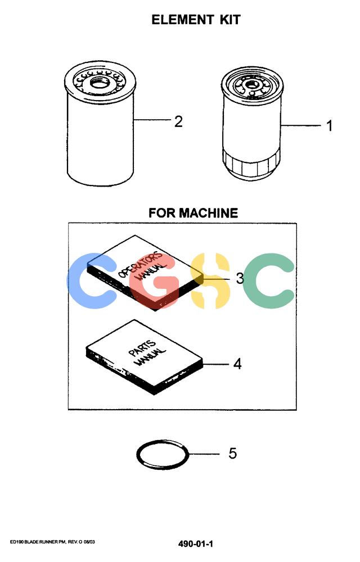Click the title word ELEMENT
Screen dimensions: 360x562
coord(182,19)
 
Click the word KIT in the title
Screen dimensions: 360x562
coord(230,19)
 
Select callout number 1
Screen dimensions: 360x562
coord(329,126)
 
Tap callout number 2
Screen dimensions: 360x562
coord(178,121)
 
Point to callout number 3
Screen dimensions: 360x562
coord(240,278)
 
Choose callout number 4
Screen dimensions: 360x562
coord(237,364)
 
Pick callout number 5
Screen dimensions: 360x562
coord(233,454)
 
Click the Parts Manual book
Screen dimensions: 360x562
coord(144,357)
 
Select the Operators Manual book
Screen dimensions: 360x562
coord(145,273)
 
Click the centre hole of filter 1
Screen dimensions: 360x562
coord(251,85)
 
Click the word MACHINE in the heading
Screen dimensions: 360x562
coord(208,213)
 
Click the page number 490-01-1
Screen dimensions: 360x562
coord(195,543)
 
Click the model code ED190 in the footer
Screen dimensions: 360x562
coord(16,542)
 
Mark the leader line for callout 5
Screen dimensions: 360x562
coord(204,454)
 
